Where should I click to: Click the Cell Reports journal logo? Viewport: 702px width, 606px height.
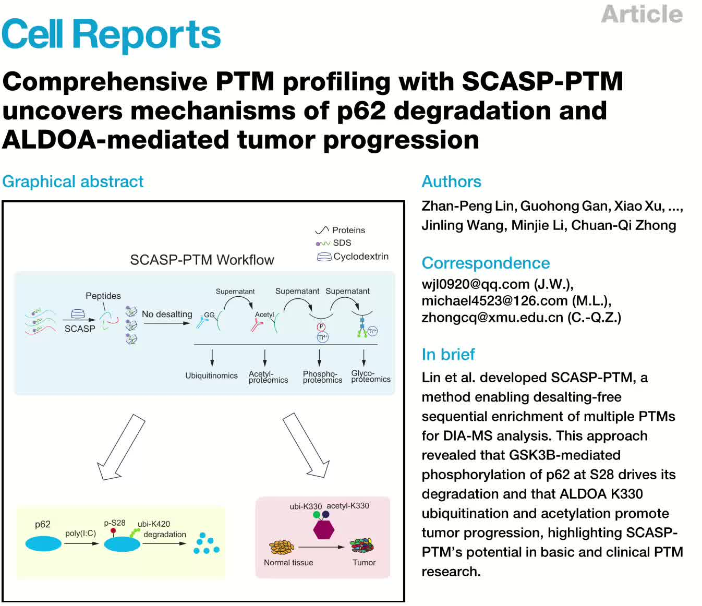click(111, 34)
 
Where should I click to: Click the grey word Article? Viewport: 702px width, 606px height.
click(642, 14)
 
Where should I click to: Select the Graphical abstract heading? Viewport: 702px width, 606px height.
click(72, 181)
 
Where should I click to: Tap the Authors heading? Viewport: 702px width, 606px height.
click(451, 181)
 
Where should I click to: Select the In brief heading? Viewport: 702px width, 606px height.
click(448, 355)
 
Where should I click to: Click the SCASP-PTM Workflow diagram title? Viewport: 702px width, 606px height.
click(202, 260)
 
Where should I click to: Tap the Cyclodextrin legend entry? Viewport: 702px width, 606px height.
click(360, 257)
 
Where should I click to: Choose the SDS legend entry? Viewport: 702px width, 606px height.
click(342, 243)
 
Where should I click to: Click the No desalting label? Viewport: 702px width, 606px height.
click(167, 314)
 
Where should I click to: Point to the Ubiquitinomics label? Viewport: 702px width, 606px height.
click(211, 375)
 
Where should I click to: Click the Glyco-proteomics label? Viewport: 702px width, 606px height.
click(370, 376)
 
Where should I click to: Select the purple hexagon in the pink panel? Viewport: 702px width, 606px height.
click(323, 530)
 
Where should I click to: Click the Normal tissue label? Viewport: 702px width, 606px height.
click(288, 563)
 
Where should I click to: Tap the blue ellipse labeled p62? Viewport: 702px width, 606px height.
click(43, 544)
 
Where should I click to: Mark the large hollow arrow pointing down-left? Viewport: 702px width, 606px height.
click(121, 447)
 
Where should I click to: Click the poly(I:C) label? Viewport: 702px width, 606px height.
click(80, 534)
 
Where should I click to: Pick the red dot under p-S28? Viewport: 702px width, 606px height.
click(113, 531)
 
